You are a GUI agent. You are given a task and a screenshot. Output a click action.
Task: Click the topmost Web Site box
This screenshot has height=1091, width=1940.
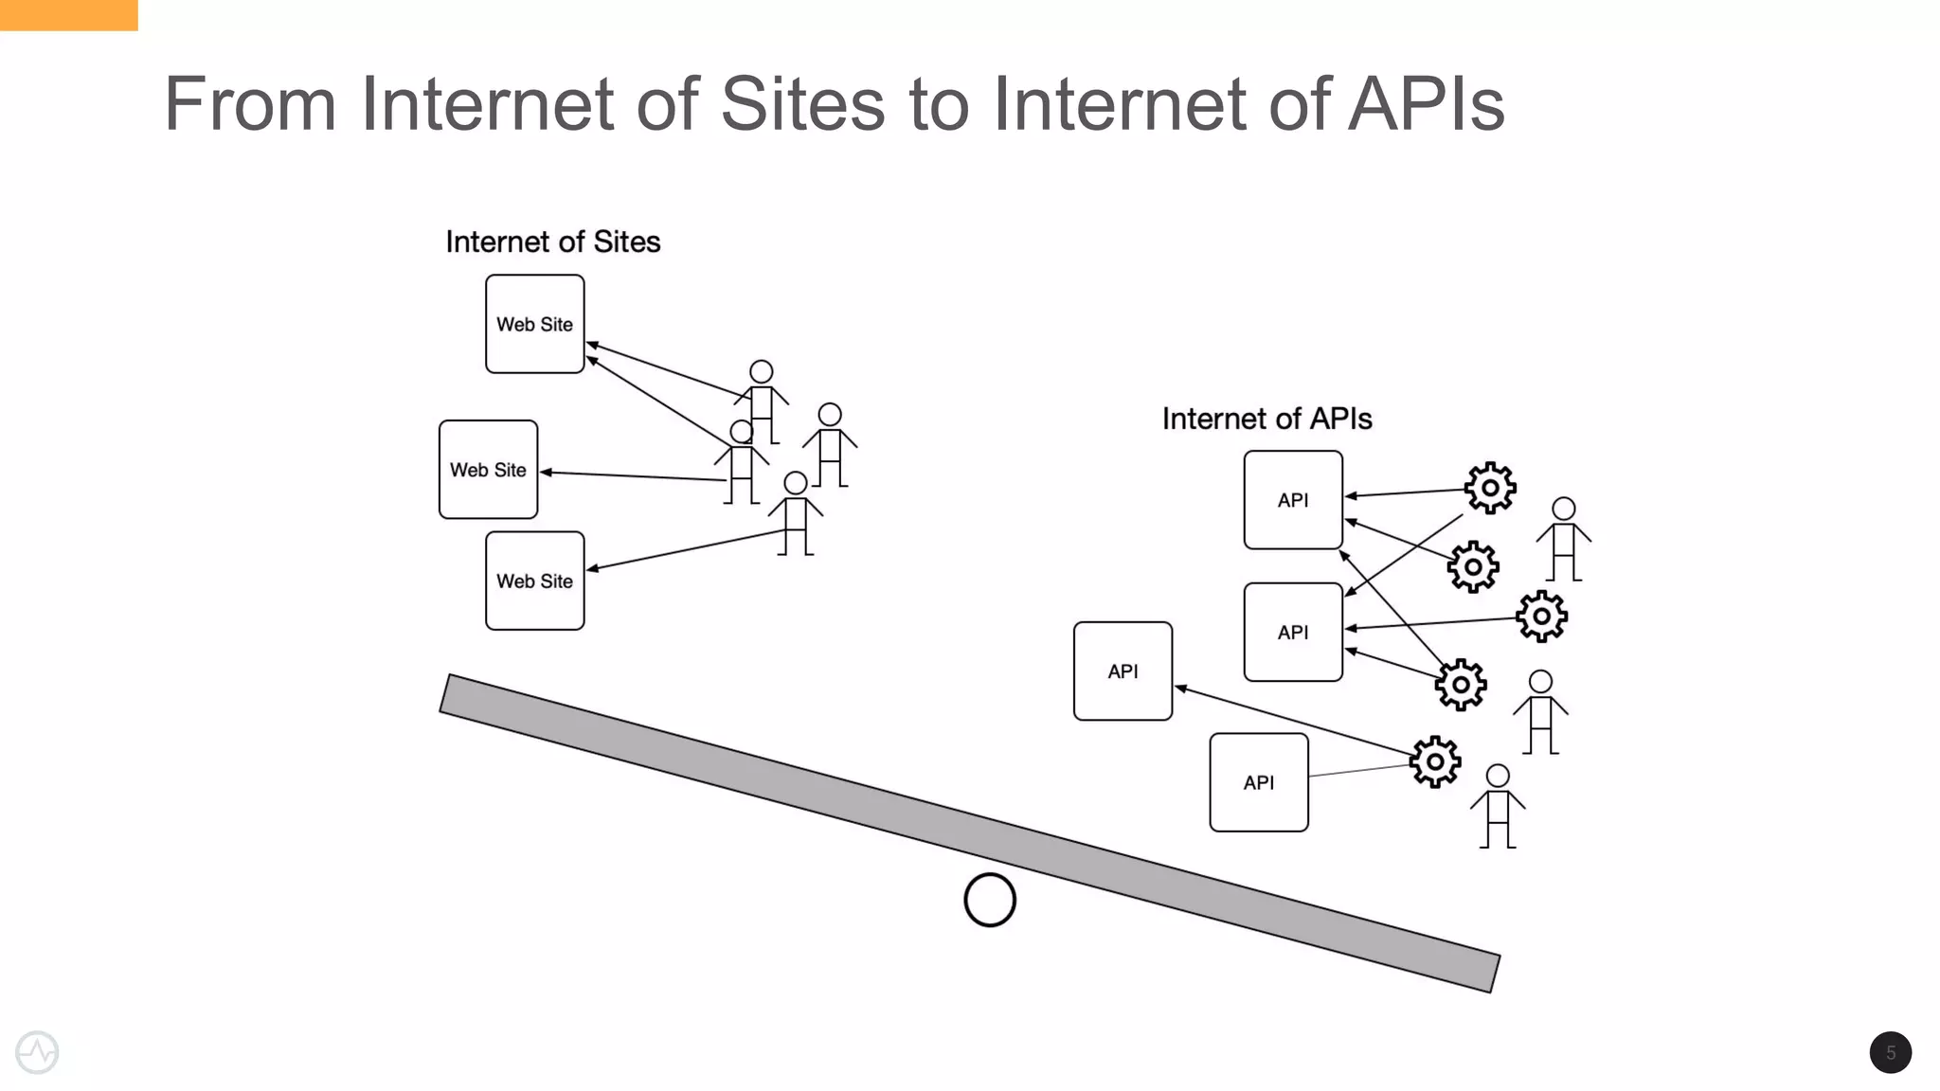coord(534,324)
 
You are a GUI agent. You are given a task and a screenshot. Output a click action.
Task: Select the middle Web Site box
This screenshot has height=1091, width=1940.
coord(488,470)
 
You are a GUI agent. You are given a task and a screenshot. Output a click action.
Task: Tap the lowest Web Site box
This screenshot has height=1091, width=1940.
coord(534,581)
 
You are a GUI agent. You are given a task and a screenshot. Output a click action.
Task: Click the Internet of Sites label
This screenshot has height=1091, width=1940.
coord(552,242)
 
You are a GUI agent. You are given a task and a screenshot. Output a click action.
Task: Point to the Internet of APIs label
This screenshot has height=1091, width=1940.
coord(1266,419)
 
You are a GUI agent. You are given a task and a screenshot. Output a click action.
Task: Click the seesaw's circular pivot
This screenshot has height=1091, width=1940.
coord(990,900)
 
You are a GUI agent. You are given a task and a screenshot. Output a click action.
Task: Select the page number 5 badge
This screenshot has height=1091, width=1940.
coord(1890,1052)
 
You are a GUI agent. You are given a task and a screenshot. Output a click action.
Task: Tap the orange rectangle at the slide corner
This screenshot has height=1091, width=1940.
coord(68,14)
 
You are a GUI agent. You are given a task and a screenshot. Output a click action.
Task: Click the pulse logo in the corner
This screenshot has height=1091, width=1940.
coord(37,1052)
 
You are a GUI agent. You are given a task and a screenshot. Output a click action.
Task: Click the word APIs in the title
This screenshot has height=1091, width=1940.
coord(1426,104)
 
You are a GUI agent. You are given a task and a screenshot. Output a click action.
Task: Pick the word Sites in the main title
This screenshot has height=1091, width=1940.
coord(802,104)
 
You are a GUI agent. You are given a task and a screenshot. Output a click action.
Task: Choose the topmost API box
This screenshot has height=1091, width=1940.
coord(1293,500)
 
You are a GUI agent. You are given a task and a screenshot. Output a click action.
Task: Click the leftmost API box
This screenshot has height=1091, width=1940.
coord(1123,671)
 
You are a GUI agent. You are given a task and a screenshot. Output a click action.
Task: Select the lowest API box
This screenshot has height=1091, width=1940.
coord(1258,782)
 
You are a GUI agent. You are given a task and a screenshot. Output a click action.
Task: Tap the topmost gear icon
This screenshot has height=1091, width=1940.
coord(1490,488)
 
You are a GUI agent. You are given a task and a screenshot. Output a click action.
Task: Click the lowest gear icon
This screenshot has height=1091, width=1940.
coord(1435,761)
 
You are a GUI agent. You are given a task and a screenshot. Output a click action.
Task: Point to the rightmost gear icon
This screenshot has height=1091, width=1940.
coord(1541,617)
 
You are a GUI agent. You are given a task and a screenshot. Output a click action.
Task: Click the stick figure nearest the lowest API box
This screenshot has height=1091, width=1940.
coord(1498,806)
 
